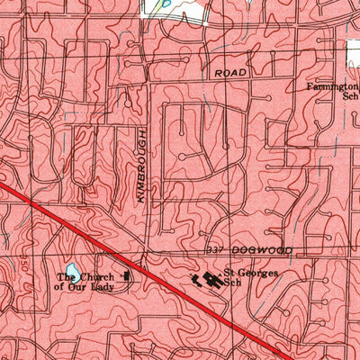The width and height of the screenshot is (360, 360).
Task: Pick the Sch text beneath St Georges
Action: (x=233, y=283)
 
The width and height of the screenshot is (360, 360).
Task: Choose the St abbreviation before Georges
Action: (x=229, y=272)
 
